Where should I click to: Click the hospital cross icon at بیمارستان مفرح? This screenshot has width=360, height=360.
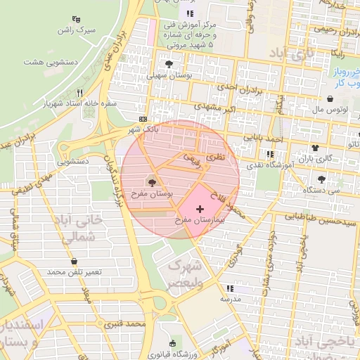(200, 210)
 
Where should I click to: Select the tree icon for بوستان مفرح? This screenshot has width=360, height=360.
(153, 183)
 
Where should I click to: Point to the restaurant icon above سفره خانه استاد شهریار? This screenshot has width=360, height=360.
(79, 93)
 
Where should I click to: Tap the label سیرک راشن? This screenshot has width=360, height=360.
(76, 30)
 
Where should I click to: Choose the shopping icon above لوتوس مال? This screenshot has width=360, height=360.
(330, 98)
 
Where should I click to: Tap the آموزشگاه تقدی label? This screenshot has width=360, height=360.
(268, 163)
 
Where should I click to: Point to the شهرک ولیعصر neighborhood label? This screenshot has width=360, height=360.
(185, 275)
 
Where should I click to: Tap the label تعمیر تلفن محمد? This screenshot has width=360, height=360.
(75, 271)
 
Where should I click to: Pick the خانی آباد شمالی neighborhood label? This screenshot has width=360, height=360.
(83, 229)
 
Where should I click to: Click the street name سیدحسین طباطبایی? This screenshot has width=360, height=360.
(317, 218)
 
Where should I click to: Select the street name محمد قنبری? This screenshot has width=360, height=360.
(124, 324)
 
